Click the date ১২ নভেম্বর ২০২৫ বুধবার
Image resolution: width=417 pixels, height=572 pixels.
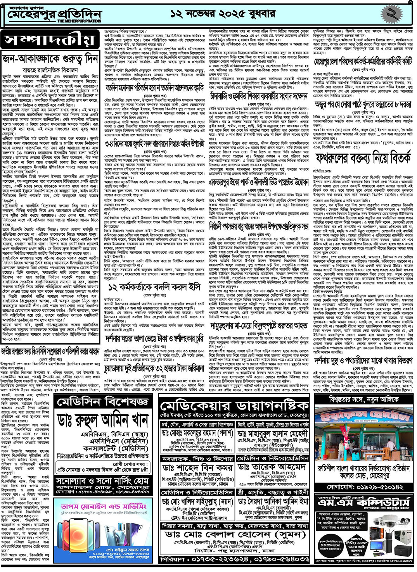(x=223, y=14)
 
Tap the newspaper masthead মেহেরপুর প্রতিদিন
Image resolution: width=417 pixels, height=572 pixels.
(x=54, y=15)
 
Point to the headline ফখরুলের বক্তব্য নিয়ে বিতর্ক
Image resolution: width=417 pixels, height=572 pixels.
(x=362, y=159)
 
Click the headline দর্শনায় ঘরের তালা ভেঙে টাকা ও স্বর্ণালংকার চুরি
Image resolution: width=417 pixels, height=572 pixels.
(x=154, y=339)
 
